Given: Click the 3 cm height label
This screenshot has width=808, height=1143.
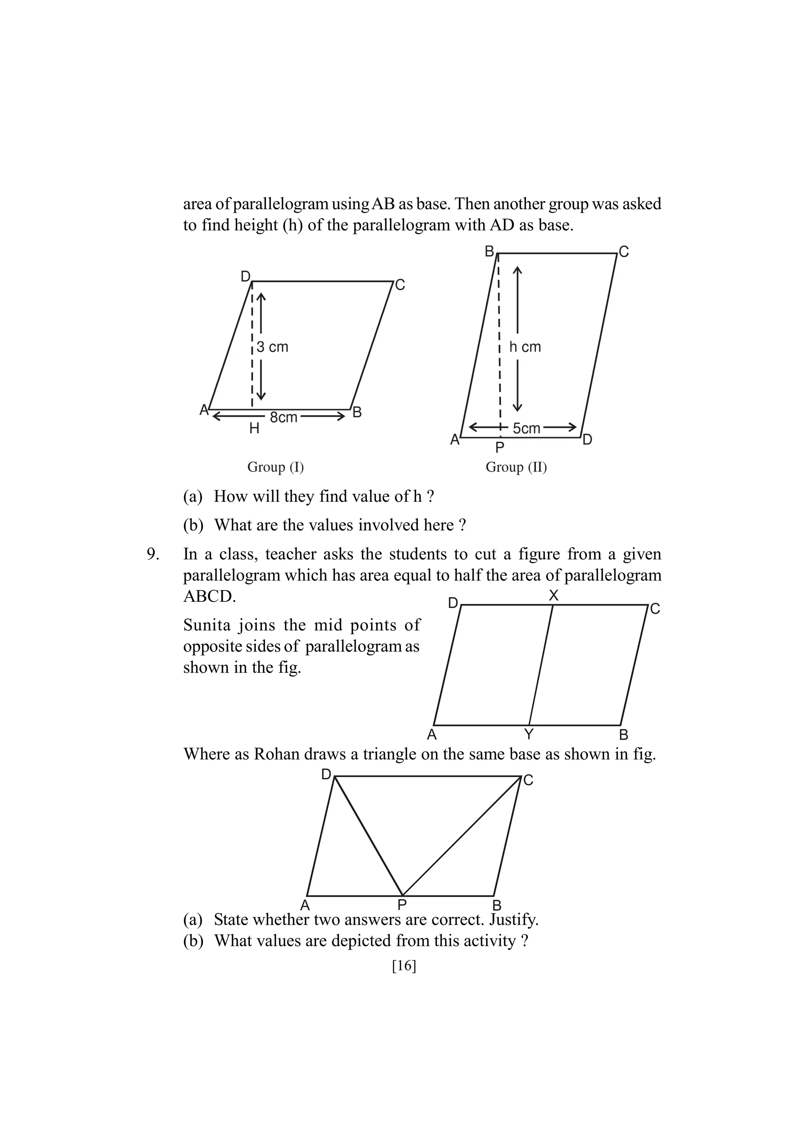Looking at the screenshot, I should tap(272, 347).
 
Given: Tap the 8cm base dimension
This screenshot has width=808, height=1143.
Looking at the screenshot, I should tap(283, 417).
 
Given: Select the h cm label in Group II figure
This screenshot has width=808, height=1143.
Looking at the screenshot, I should tap(525, 347).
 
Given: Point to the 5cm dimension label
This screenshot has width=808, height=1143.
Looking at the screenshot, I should tap(526, 428).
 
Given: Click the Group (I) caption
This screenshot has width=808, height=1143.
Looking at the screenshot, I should tap(275, 467).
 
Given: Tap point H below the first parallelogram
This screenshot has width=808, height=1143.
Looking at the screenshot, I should tap(254, 429).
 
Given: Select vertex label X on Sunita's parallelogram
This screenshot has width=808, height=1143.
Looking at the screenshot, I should tap(554, 596).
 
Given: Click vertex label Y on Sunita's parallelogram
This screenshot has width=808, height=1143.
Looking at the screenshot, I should tap(529, 734).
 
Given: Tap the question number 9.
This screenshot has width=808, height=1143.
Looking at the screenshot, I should tap(153, 554).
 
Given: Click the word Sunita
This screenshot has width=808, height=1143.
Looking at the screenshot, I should tap(205, 625).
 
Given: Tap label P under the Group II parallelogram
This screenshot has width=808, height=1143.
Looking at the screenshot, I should tap(500, 448).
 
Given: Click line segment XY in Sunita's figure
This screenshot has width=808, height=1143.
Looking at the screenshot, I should tap(541, 665).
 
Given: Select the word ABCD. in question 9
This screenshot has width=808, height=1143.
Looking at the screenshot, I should tap(209, 596).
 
